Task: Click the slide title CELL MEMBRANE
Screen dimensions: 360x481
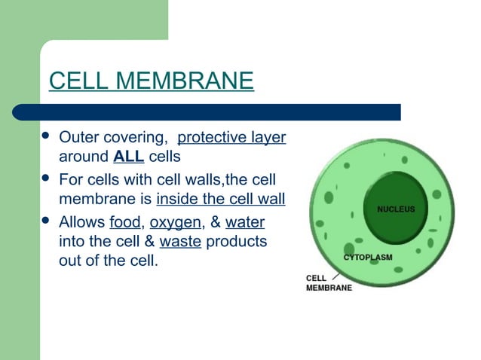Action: tap(151, 81)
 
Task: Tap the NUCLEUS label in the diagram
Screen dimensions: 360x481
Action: tap(396, 209)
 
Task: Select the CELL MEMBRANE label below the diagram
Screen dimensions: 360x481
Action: tap(328, 282)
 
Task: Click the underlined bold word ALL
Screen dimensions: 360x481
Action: tap(129, 157)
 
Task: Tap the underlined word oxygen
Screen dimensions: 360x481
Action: tap(175, 222)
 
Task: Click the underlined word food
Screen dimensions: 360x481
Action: tap(124, 222)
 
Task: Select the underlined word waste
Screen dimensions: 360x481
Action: tap(179, 243)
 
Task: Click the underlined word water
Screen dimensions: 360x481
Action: tap(245, 222)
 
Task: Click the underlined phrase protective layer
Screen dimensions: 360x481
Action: tap(231, 138)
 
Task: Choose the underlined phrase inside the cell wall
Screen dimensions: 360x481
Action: tap(221, 200)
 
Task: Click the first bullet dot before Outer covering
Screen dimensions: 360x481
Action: tap(46, 137)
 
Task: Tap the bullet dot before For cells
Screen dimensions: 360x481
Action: tap(46, 180)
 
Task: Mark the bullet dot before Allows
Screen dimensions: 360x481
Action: tap(46, 222)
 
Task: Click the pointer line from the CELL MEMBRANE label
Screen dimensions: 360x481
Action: tap(335, 276)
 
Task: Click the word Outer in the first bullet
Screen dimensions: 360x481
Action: tap(77, 138)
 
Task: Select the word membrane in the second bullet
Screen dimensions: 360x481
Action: tap(92, 200)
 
